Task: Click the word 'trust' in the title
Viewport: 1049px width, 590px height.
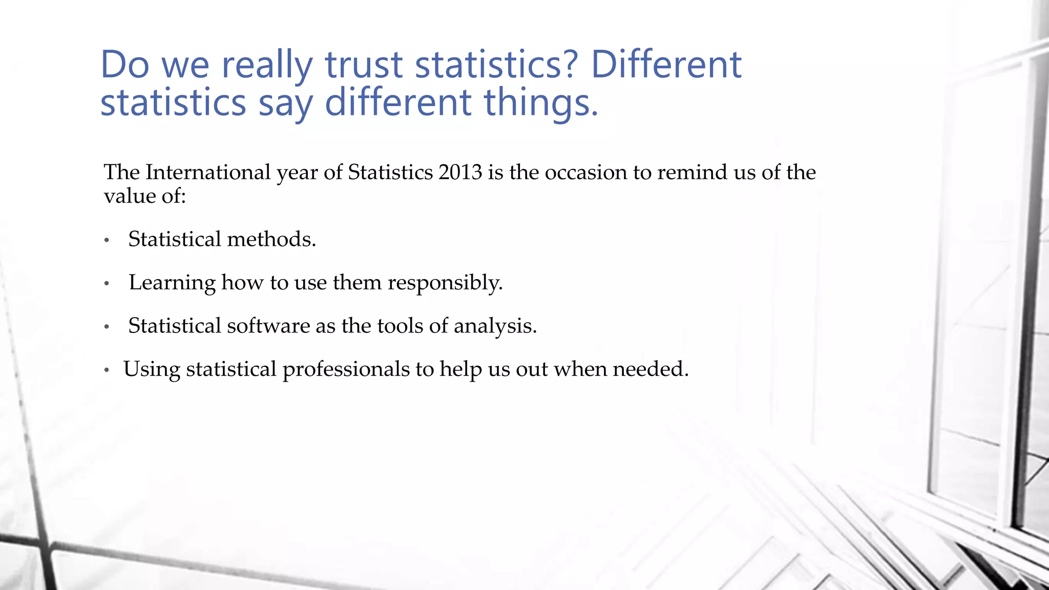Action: [364, 65]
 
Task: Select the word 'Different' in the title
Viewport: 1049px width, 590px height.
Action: [666, 65]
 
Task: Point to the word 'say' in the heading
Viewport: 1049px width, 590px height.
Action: [285, 103]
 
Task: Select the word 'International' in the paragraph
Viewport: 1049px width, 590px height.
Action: [208, 172]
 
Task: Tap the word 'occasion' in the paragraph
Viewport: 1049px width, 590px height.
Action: [586, 172]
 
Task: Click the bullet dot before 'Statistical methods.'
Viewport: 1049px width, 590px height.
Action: [107, 240]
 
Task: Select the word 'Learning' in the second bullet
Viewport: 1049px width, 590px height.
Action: [172, 283]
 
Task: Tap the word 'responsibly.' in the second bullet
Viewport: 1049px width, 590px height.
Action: [445, 283]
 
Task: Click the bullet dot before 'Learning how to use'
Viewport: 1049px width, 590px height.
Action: [107, 283]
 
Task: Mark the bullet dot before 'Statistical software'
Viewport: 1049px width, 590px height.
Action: [107, 327]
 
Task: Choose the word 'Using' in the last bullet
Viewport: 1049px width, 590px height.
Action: [152, 369]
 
